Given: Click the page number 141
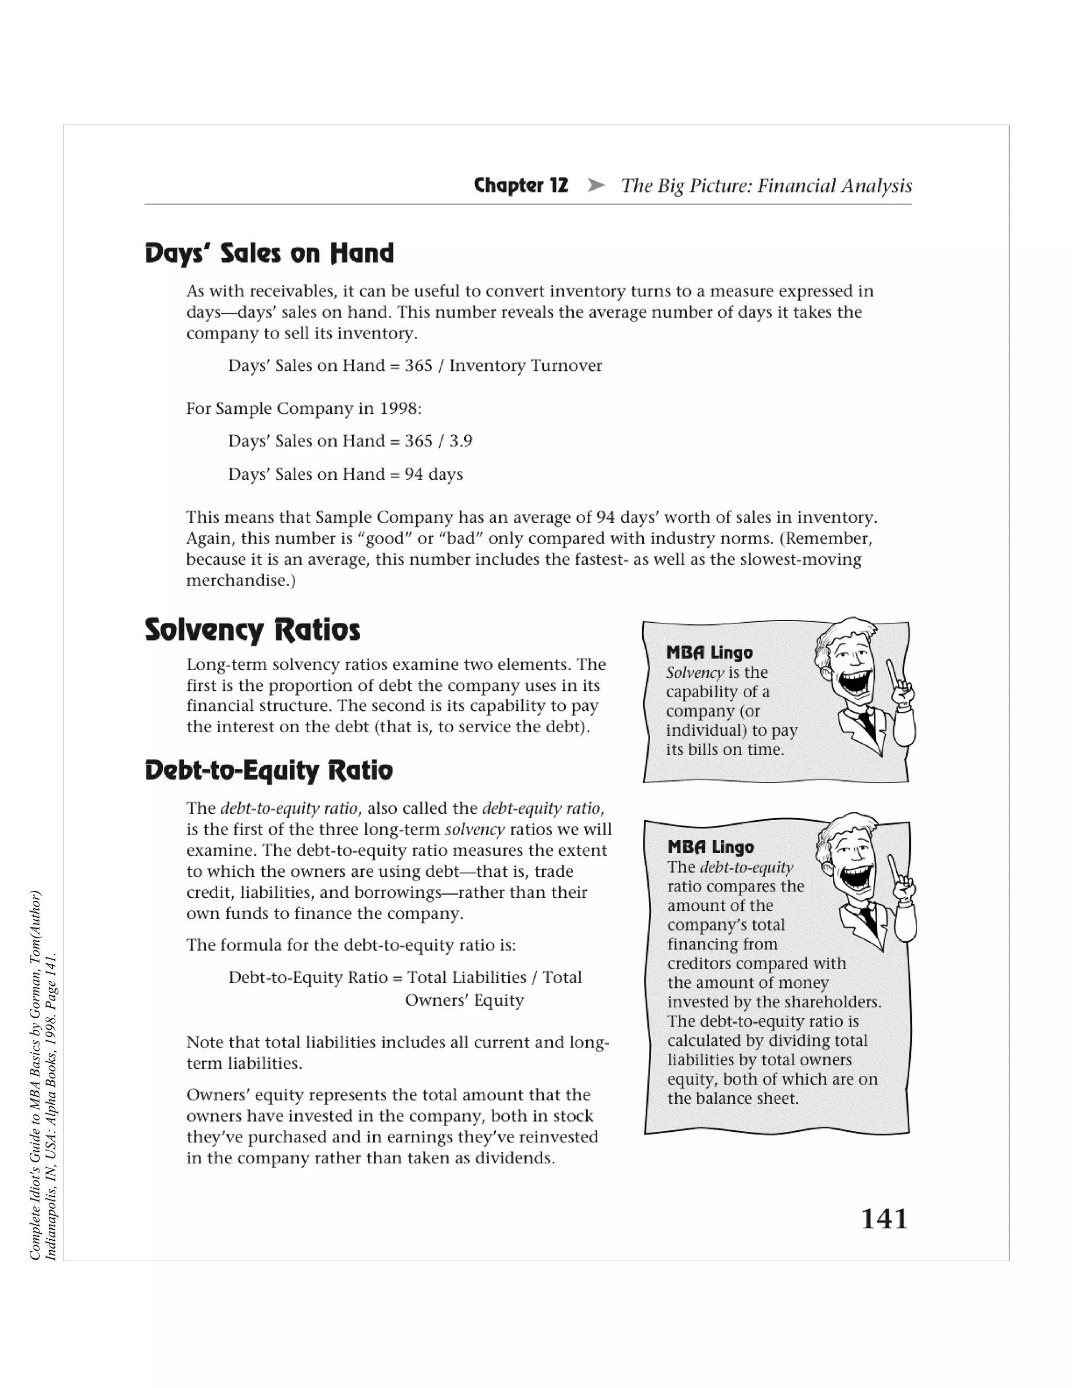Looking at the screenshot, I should coord(884,1219).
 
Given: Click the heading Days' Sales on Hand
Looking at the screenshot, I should coord(269,254).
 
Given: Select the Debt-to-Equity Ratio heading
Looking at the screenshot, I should coord(269,770).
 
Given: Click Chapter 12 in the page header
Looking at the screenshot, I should coord(521,185).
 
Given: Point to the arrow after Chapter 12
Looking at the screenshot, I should coord(596,185).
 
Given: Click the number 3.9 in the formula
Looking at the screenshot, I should coord(461,441).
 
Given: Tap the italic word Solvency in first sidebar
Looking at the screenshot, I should coord(694,673).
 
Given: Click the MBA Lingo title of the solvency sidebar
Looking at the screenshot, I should coord(709,653).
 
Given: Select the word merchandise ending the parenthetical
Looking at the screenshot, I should coord(238,580).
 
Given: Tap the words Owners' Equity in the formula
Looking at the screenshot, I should coord(464,1000).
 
